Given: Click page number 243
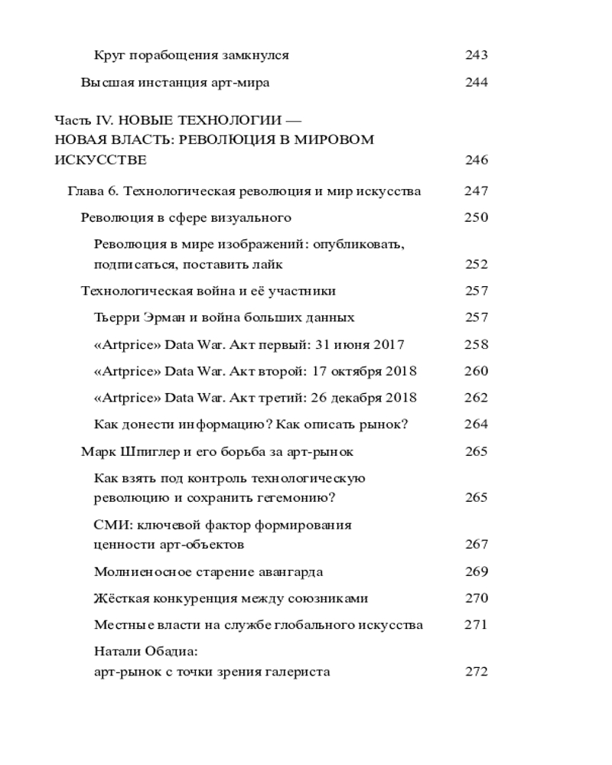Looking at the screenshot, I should point(476,55).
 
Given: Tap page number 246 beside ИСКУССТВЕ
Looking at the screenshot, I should point(476,161).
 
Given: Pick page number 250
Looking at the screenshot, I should point(476,217).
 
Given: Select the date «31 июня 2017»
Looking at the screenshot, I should point(363,344).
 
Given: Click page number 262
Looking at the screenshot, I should point(476,398).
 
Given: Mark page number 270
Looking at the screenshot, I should point(476,598).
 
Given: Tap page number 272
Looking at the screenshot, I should point(476,672).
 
